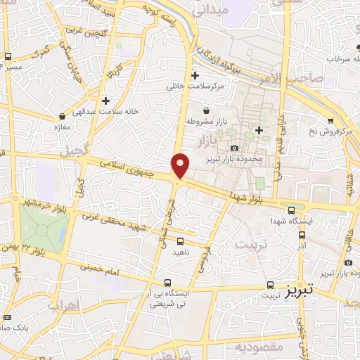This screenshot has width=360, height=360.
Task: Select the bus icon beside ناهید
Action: coord(181,241)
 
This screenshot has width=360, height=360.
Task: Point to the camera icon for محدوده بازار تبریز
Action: coord(234,148)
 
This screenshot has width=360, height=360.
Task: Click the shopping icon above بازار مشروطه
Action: coord(205,110)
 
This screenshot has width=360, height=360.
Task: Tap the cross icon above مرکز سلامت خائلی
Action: coord(195,75)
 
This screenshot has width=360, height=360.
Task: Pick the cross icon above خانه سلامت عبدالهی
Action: coord(105,101)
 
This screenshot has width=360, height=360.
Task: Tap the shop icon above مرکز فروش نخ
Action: coord(330,121)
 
